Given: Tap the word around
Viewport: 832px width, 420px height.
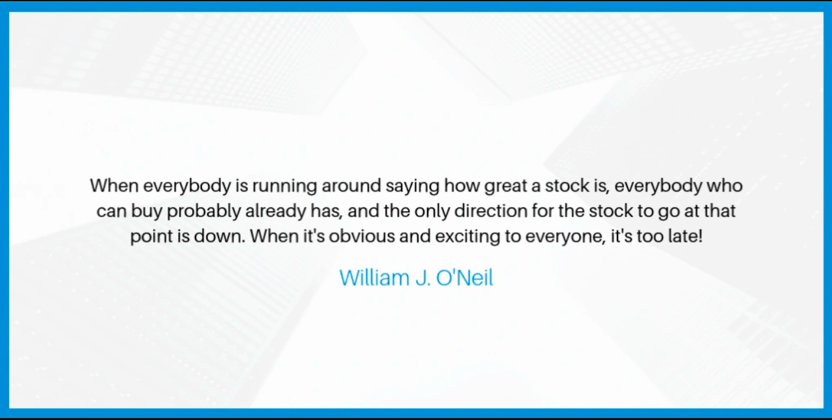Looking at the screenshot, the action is (351, 186).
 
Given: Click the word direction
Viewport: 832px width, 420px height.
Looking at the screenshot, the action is (491, 211).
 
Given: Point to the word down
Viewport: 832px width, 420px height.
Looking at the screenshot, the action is (220, 236).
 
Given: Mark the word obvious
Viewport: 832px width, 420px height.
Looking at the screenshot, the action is (362, 236).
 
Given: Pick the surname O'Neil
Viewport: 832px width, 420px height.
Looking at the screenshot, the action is (464, 278).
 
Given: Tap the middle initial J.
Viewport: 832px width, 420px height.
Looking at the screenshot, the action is (423, 278).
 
